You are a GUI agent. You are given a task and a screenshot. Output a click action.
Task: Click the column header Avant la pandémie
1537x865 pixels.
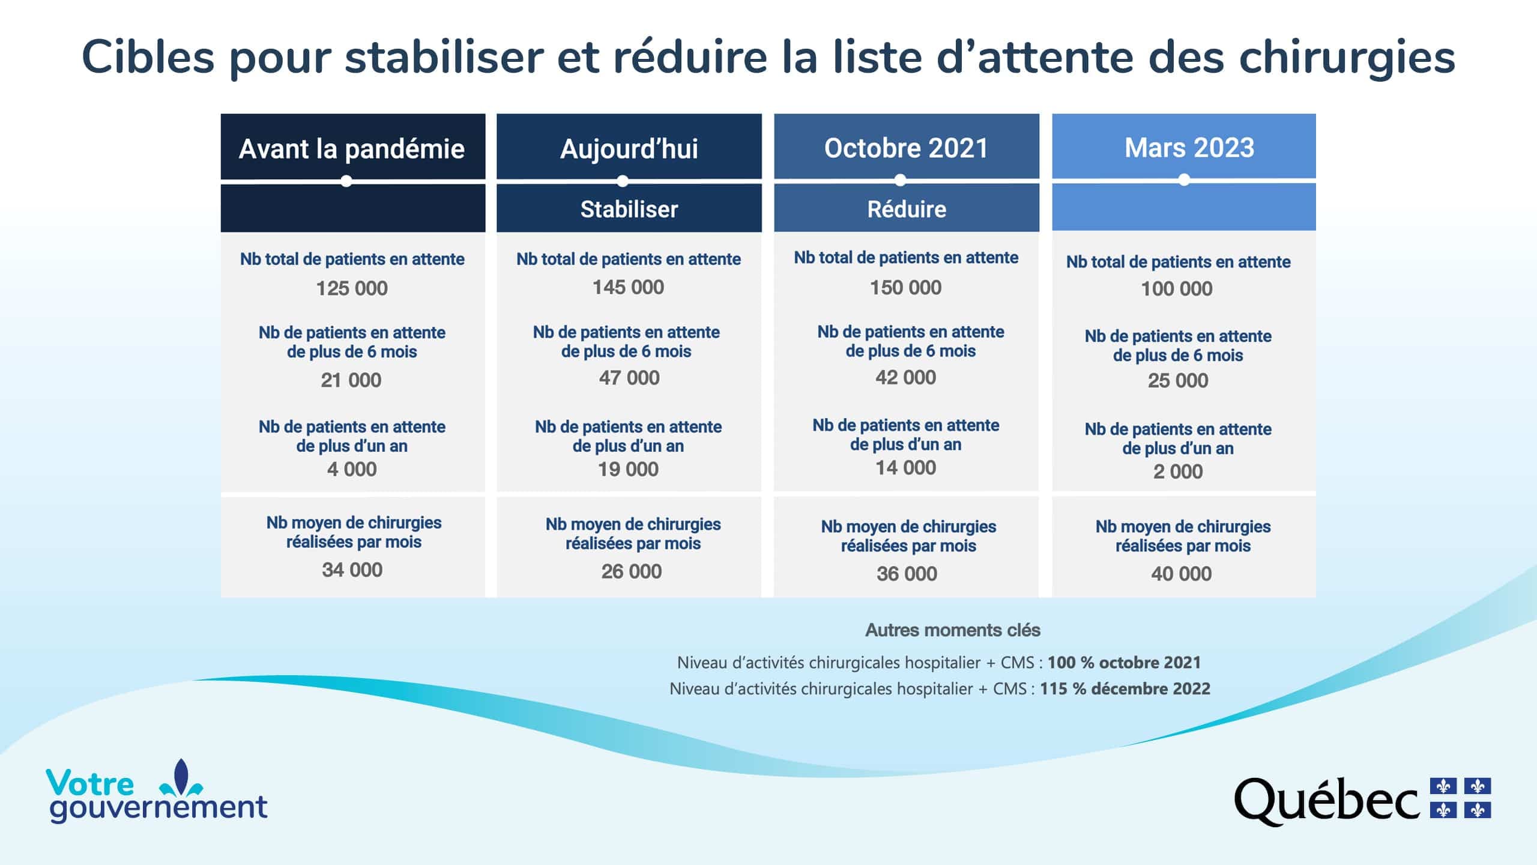(352, 149)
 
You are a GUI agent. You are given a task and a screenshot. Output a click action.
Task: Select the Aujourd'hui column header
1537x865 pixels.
(629, 149)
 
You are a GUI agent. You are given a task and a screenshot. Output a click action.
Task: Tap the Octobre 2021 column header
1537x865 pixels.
(906, 148)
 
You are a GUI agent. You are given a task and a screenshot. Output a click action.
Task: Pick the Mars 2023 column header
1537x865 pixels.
(1189, 148)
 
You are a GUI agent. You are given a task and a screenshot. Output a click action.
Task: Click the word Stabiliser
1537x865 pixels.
(629, 209)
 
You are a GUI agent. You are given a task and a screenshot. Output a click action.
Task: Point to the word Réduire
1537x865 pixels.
(907, 209)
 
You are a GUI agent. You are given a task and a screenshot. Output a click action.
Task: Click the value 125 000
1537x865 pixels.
(352, 288)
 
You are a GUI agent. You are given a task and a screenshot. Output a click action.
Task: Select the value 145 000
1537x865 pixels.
(628, 287)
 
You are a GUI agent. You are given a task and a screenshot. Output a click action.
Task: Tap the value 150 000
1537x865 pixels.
(906, 288)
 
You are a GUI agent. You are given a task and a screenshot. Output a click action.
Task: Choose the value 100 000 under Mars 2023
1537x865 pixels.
(1177, 289)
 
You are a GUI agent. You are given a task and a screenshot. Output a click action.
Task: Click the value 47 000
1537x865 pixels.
(629, 378)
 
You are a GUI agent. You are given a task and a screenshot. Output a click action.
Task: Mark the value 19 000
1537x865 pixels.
(628, 469)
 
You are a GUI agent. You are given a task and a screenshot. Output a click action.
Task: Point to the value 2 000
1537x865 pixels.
(1178, 472)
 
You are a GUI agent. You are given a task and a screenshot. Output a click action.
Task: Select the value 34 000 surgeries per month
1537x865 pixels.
(352, 569)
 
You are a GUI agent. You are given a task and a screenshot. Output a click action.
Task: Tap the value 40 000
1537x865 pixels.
(1182, 574)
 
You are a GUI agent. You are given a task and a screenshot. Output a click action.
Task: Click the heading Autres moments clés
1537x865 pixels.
(953, 630)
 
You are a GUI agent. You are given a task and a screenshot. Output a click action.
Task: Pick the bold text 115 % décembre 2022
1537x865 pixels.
(1125, 688)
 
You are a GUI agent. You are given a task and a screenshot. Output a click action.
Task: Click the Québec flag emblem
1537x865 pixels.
(1461, 798)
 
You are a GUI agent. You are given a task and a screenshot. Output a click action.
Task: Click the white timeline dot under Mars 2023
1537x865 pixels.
(1184, 180)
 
